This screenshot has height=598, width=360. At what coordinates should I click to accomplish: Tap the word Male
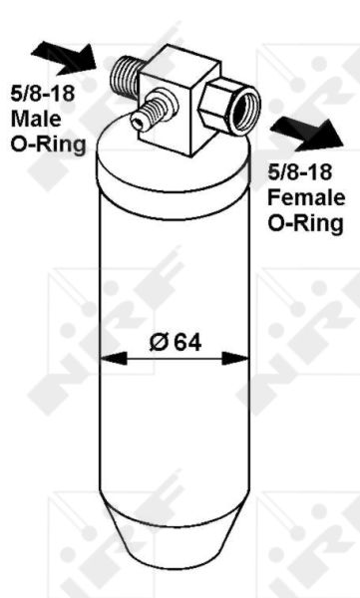[36, 119]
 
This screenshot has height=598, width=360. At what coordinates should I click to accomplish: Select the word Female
[306, 197]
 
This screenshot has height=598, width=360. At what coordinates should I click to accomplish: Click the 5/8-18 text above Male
[42, 94]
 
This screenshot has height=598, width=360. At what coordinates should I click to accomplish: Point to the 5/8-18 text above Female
[300, 172]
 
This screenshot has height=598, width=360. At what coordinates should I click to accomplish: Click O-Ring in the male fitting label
[48, 145]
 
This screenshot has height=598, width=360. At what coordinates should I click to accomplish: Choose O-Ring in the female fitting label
[305, 223]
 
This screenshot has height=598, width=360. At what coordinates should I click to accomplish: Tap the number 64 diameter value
[187, 342]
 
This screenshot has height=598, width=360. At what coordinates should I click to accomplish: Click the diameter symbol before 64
[159, 342]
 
